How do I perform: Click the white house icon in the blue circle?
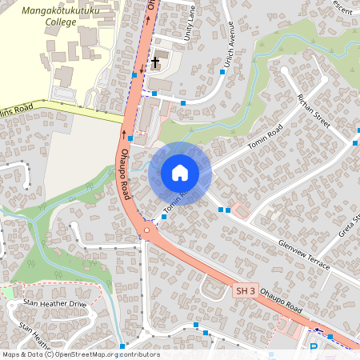pyautogui.click(x=180, y=172)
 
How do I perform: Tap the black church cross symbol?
pyautogui.click(x=154, y=62)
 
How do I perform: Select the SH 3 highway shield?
pyautogui.click(x=245, y=292)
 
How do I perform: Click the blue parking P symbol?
pyautogui.click(x=314, y=347)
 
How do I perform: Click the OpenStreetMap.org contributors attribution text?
pyautogui.click(x=105, y=354)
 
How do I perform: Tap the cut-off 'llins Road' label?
pyautogui.click(x=16, y=110)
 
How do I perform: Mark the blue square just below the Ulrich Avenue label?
pyautogui.click(x=222, y=71)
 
